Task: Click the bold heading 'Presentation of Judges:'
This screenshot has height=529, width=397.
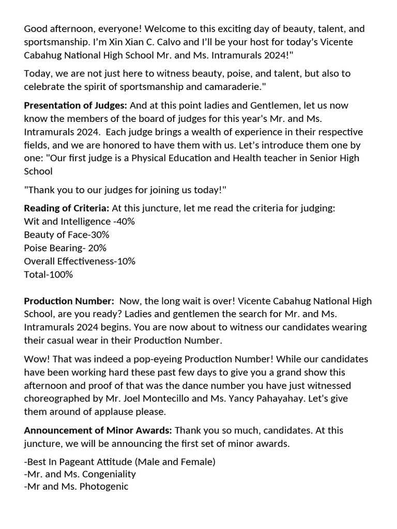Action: click(x=75, y=105)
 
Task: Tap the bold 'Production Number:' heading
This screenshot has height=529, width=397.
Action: click(x=69, y=301)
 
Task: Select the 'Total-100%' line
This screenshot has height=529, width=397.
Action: click(x=49, y=274)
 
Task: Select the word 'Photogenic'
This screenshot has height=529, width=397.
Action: click(x=104, y=487)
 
